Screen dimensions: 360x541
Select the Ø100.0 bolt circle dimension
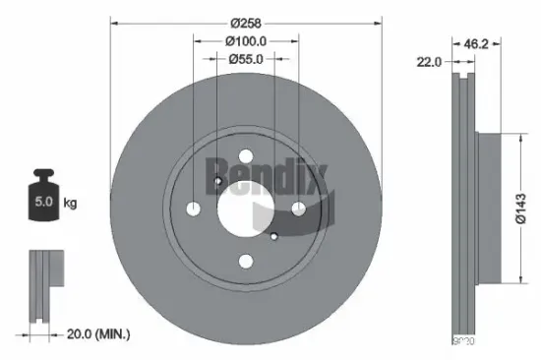click(246, 41)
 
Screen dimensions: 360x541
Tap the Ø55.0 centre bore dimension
click(246, 60)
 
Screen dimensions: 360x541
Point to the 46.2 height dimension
click(476, 44)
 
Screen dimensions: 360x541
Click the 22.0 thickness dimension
click(429, 62)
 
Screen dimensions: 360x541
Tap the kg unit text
click(70, 204)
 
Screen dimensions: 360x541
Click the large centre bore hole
click(244, 208)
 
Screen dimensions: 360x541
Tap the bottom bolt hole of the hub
click(245, 260)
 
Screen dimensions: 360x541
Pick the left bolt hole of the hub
click(194, 209)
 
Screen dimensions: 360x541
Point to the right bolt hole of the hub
click(296, 208)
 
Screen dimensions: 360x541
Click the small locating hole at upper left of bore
click(216, 180)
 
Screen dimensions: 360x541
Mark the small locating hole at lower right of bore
click(273, 236)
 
